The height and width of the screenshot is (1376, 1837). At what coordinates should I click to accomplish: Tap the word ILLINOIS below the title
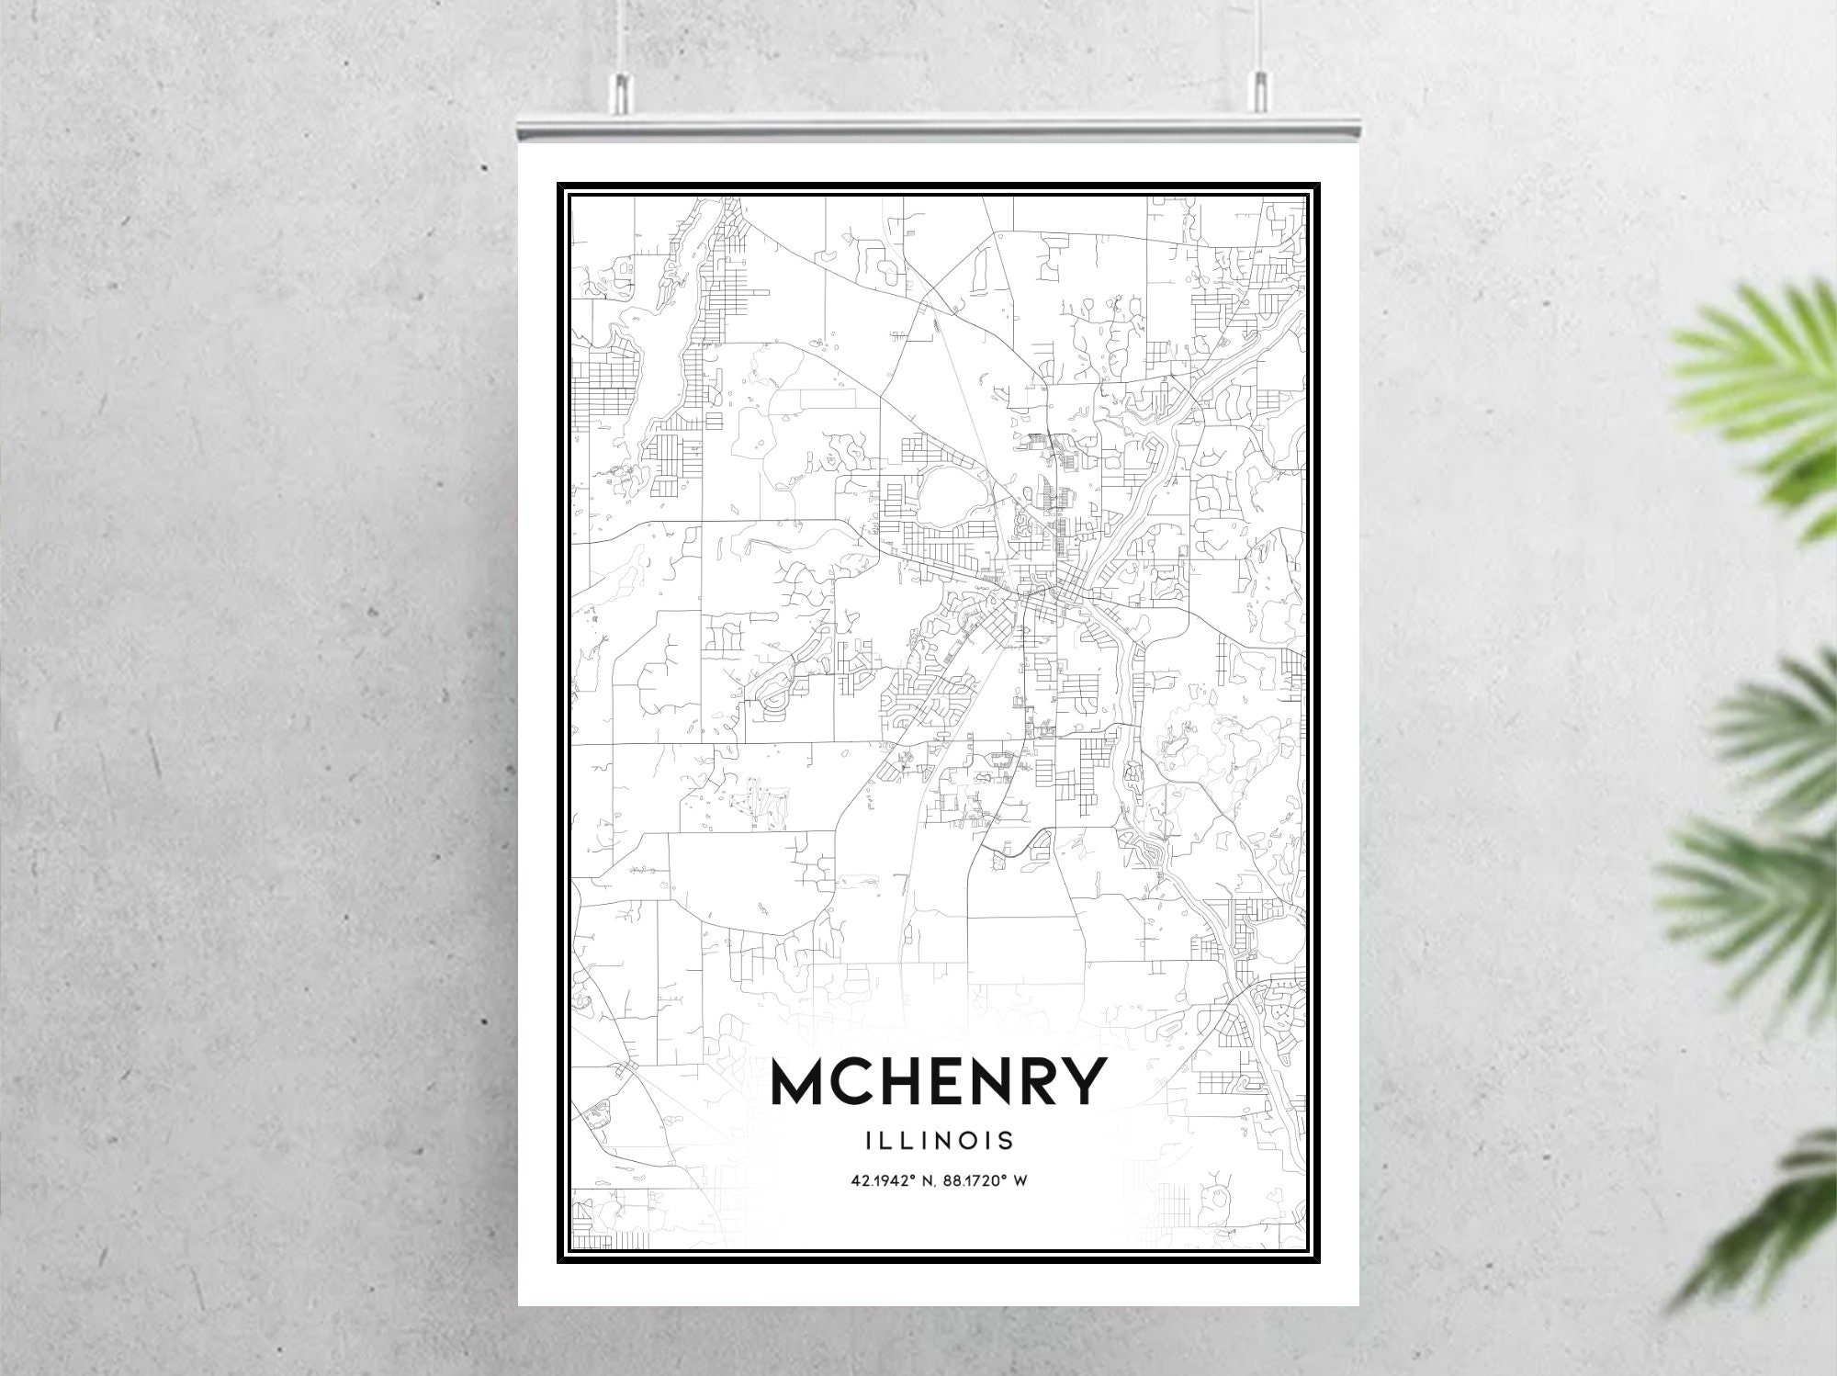click(x=938, y=1141)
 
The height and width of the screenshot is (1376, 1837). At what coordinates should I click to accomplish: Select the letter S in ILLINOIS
click(x=1007, y=1141)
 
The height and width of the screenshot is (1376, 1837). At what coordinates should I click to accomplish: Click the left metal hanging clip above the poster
click(x=622, y=92)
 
